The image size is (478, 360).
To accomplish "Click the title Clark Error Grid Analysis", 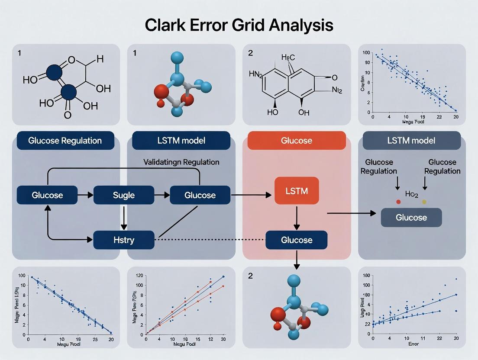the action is [x=239, y=25].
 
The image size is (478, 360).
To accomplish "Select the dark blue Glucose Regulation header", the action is [x=65, y=141].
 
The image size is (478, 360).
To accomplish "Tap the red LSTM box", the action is [x=297, y=191].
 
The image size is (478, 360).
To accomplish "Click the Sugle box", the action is [x=124, y=195].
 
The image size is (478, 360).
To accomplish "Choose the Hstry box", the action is [x=124, y=240].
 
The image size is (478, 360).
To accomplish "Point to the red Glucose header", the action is [x=297, y=141].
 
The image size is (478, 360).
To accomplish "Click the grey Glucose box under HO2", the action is [x=411, y=217].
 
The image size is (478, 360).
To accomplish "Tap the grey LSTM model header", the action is [x=411, y=141].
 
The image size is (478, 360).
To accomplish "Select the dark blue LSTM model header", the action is [x=181, y=141].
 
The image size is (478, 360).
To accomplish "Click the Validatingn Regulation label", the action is [x=181, y=162].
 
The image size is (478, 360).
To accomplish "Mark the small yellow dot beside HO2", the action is [x=424, y=202].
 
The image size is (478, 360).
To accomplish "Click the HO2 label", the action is [x=411, y=195].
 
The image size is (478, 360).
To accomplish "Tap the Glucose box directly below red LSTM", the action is [x=297, y=240].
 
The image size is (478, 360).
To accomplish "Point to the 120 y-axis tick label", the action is [x=140, y=276].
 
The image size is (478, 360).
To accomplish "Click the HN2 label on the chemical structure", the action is [x=256, y=74].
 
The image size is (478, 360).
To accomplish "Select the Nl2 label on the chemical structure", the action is [x=337, y=91].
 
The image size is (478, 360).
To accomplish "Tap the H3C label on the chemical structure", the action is [x=288, y=58].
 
